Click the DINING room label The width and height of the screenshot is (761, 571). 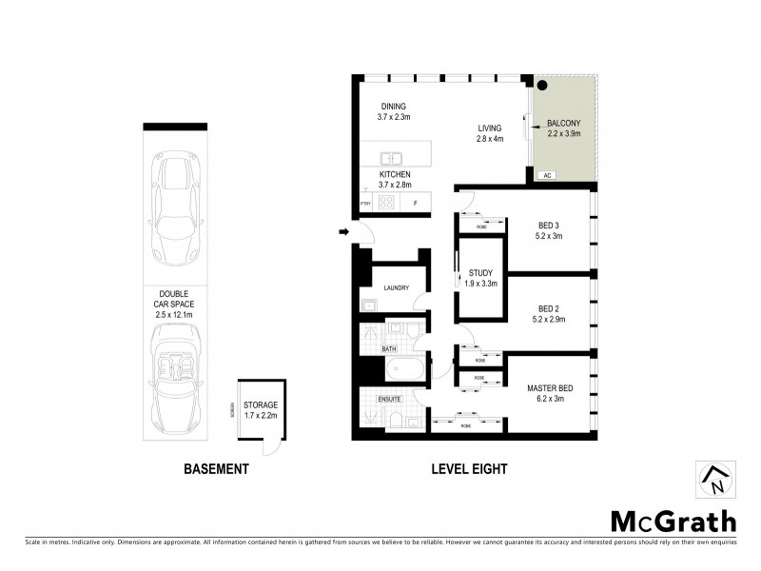tap(394, 106)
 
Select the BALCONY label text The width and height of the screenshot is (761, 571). tap(564, 124)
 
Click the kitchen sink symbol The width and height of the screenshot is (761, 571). tap(390, 158)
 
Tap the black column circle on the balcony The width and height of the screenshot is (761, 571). tap(542, 85)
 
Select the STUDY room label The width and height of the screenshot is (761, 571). tap(480, 273)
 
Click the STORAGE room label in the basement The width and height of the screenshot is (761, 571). tap(260, 405)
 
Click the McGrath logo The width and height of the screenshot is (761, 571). tap(673, 521)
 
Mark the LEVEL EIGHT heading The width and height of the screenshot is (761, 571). tap(470, 468)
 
